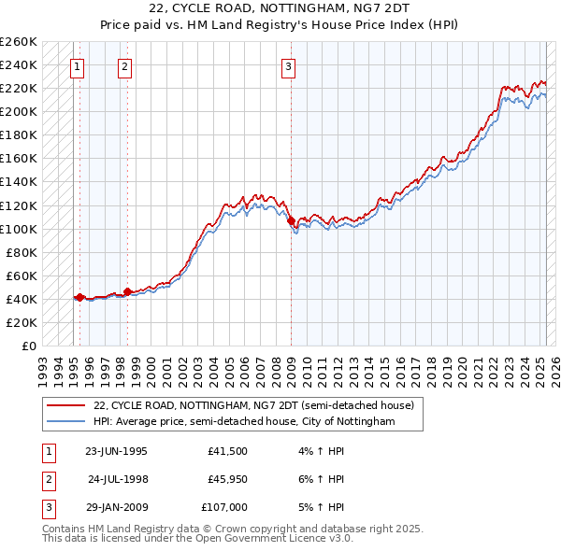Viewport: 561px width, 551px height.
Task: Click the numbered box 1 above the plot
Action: (76, 66)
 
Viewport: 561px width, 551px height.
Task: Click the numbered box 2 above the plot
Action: (124, 66)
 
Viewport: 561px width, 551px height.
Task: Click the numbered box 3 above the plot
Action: (289, 66)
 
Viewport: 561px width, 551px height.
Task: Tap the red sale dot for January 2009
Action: (291, 220)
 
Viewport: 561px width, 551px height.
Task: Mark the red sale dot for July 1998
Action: (127, 291)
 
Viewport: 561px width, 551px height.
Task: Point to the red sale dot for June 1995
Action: (79, 297)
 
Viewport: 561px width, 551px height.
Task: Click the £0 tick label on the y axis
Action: (28, 346)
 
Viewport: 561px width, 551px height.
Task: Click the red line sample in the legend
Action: (65, 405)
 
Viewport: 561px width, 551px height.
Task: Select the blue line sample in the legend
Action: (65, 422)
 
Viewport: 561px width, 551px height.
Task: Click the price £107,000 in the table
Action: (224, 507)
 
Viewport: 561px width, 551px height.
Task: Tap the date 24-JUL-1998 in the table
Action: (118, 479)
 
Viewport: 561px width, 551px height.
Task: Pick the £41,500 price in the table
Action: (228, 451)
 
